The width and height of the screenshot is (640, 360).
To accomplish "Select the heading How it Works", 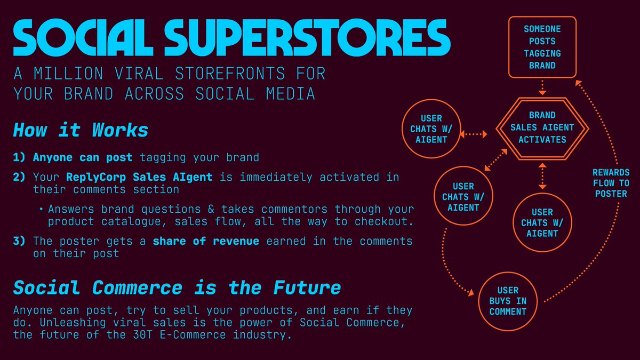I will coord(81,130).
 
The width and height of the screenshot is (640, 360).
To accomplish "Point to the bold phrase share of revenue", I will coord(206,241).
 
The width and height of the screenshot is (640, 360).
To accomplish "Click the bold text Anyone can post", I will coord(86,157).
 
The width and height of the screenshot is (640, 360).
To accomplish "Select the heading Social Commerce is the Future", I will coord(177,287).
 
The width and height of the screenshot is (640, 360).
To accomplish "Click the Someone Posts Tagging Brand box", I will coord(542,46).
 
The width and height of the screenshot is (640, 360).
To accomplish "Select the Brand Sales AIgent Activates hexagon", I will coord(542,127).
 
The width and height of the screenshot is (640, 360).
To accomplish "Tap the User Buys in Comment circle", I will coord(507,301).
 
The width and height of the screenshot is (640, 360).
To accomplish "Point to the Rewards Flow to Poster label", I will coord(611,183).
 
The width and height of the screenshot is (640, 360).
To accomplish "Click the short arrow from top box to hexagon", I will coord(542,87).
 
